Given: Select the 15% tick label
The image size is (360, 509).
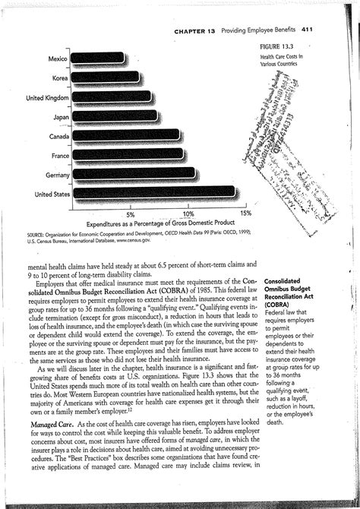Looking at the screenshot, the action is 245,214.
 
